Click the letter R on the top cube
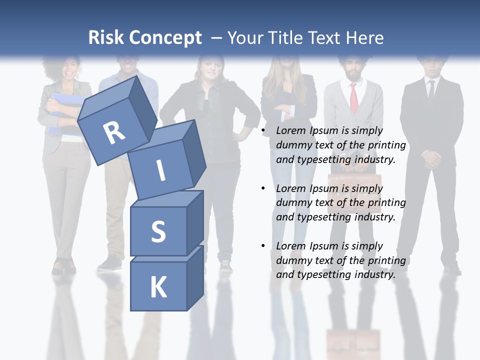114,132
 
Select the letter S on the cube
158,231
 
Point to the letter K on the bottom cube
158,287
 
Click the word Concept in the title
165,37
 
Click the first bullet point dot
263,130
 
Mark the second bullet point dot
263,188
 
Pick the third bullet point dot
263,246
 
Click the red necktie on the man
354,98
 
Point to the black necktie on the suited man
431,90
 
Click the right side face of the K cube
195,278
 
